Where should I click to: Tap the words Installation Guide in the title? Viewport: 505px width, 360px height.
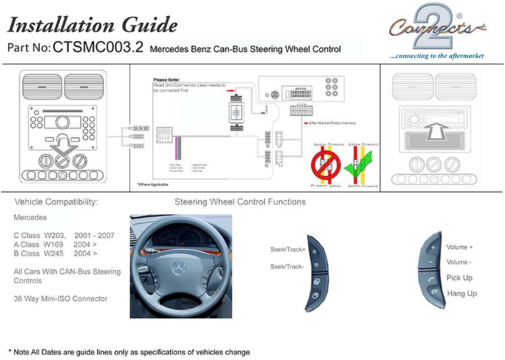92,25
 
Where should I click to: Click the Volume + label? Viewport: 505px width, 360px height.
459,248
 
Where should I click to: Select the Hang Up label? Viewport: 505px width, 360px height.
461,293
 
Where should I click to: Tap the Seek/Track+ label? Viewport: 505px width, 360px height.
288,250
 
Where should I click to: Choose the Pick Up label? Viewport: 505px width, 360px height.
459,278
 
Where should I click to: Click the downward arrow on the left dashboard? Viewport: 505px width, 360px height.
62,144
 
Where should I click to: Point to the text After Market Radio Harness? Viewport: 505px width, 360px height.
331,123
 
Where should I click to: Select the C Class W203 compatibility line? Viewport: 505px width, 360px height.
64,236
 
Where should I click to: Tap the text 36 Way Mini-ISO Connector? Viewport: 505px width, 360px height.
60,299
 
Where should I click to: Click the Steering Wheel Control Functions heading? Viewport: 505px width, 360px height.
240,202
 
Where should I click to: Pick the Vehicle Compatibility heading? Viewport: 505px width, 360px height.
57,202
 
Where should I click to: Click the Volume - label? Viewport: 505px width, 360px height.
459,262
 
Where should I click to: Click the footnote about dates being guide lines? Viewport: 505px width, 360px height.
129,352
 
